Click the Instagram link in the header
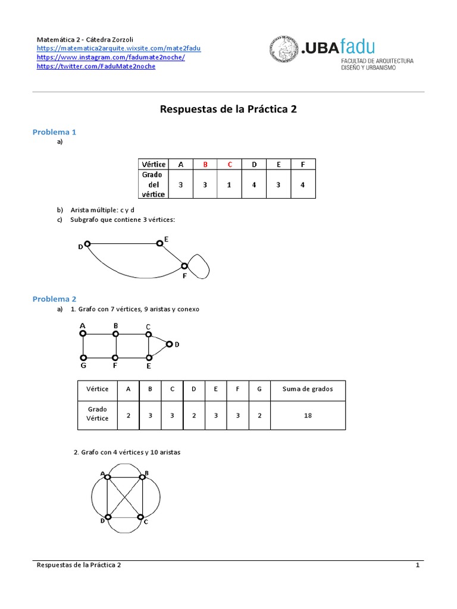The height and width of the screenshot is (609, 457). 111,57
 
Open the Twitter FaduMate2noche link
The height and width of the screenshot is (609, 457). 96,67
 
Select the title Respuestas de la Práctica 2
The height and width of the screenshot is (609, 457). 228,109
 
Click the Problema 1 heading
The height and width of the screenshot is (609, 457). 54,132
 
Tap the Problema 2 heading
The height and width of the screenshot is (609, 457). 54,299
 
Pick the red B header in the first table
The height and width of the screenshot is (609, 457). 205,164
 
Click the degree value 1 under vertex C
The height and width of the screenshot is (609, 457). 229,185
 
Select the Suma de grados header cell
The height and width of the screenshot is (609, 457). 308,389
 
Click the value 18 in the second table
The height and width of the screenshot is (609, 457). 308,416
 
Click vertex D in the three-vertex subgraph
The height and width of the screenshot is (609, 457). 87,244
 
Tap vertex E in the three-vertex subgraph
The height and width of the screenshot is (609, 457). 159,243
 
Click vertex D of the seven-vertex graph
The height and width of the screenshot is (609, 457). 169,344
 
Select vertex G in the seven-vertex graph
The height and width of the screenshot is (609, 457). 83,357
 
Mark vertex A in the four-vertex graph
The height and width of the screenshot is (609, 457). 107,476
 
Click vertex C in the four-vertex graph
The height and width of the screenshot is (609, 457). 141,517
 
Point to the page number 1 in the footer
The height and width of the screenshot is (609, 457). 418,566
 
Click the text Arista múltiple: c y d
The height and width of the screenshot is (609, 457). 103,210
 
